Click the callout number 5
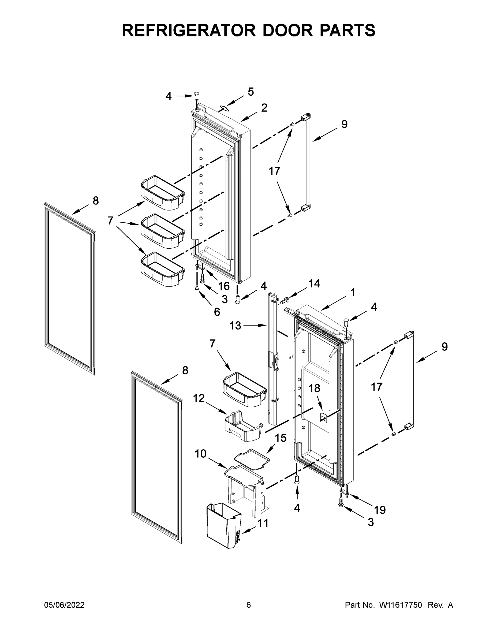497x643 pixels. tap(251, 92)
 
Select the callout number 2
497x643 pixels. tap(264, 108)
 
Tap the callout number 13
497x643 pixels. tap(235, 326)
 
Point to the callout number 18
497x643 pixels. tap(315, 388)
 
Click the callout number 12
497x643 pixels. tap(199, 398)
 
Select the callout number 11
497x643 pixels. tap(263, 523)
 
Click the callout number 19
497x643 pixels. tap(380, 510)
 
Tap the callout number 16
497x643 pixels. tap(224, 286)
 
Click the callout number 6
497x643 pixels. tap(217, 312)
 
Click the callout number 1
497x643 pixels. tap(352, 293)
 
